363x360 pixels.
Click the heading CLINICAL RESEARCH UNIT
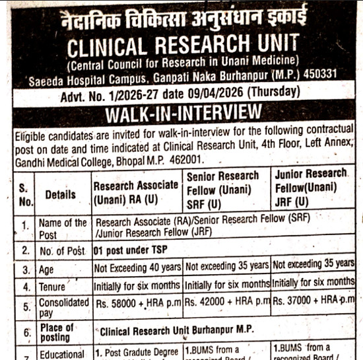coord(182,46)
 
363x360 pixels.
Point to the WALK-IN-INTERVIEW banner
coord(181,112)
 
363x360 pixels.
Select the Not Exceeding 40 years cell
coord(137,268)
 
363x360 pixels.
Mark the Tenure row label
coord(53,287)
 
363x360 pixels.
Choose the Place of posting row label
coord(57,332)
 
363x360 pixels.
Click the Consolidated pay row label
coord(63,307)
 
